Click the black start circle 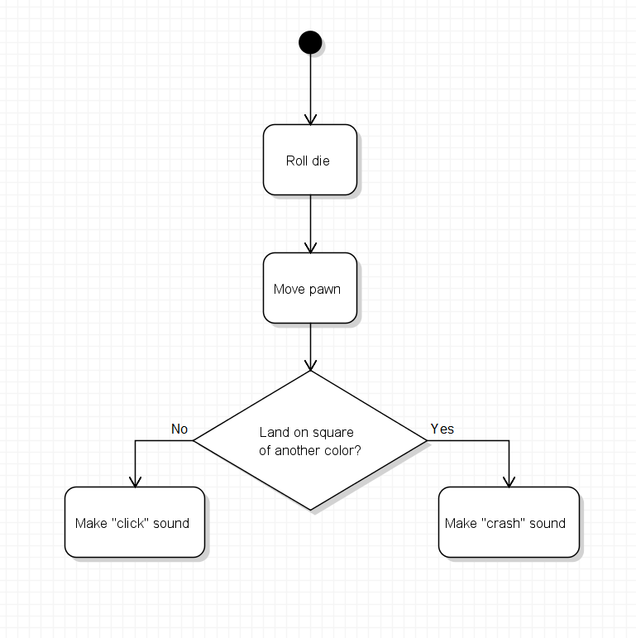tap(310, 42)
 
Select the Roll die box tap(310, 160)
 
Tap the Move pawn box tap(310, 288)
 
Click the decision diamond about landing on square tap(310, 441)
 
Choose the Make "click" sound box tap(135, 522)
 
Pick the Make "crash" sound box tap(509, 522)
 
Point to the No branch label tap(179, 429)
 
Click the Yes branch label tap(442, 429)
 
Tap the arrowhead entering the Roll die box tap(310, 120)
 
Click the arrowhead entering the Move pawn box tap(310, 248)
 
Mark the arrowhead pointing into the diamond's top tap(310, 366)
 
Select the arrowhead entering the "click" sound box tap(135, 482)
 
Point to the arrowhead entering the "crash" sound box tap(509, 482)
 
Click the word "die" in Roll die tap(320, 161)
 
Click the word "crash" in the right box tap(504, 523)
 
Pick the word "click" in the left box tap(130, 523)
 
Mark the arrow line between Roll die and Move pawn tap(310, 223)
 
